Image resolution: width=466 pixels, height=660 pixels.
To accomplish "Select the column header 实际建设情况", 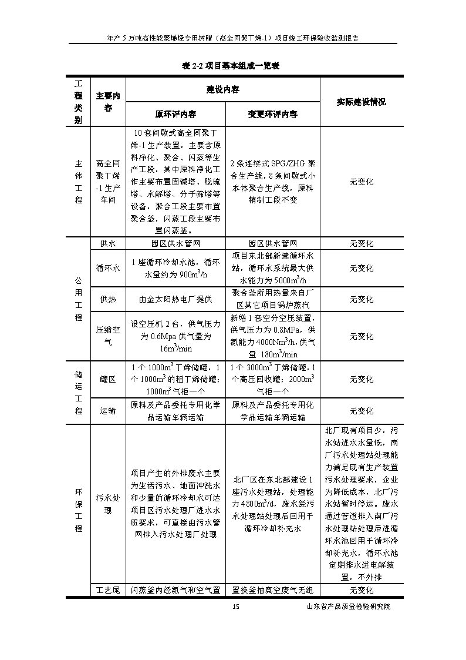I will point(361,102).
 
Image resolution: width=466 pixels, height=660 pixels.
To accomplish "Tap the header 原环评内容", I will point(176,114).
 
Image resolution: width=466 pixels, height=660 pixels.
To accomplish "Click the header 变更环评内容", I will point(272,114).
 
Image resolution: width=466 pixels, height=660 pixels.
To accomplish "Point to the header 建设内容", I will point(222,89).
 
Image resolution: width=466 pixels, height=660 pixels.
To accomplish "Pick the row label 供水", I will point(108,243).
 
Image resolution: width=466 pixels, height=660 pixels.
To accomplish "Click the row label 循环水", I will point(108,268).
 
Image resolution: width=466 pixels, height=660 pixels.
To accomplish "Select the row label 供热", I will point(108,299).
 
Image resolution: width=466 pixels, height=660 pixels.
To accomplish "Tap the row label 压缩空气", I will point(108,336).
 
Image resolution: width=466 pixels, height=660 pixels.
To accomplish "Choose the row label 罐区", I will point(108,379).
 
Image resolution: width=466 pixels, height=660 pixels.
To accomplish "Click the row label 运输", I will point(108,411).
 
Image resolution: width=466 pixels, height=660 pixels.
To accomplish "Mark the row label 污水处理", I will point(108,504).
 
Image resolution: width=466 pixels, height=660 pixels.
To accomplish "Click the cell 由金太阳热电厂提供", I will point(175,299).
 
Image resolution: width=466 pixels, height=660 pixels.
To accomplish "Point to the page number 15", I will point(235,607).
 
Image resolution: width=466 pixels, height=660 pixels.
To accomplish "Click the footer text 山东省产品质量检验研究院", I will point(349,607).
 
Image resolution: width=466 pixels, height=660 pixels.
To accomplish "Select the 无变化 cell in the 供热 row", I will point(361,299).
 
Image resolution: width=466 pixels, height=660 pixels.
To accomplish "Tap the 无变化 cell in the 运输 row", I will point(361,411).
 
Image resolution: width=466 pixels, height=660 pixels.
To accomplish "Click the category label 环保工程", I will point(78,510).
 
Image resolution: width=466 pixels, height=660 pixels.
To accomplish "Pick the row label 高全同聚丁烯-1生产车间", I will point(108,182).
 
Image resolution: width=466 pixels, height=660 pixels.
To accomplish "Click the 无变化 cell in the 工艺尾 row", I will point(361,589).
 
